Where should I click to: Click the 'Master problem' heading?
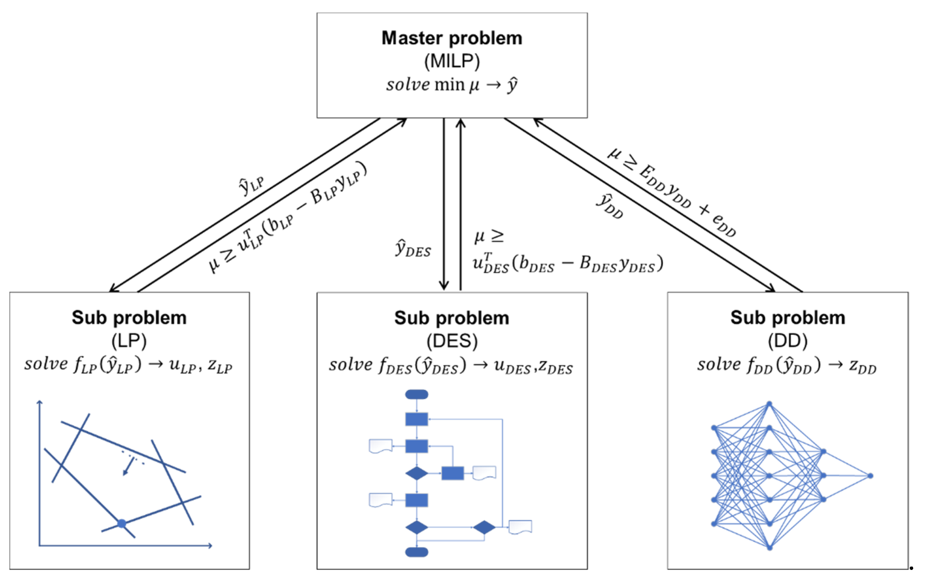(x=451, y=38)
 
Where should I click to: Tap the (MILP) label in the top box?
(x=451, y=61)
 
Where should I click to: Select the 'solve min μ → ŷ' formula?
(x=451, y=85)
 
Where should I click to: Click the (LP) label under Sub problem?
(x=129, y=340)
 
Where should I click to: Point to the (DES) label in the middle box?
(x=452, y=340)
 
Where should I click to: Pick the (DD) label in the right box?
(x=788, y=340)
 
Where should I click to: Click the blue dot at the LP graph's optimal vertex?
(x=121, y=524)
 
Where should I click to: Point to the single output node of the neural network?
(x=870, y=476)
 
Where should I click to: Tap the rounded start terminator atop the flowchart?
(x=417, y=394)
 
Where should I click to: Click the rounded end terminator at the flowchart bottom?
(x=417, y=552)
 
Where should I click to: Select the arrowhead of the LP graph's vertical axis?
(x=39, y=402)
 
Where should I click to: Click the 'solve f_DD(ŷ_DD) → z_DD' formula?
(x=787, y=365)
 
